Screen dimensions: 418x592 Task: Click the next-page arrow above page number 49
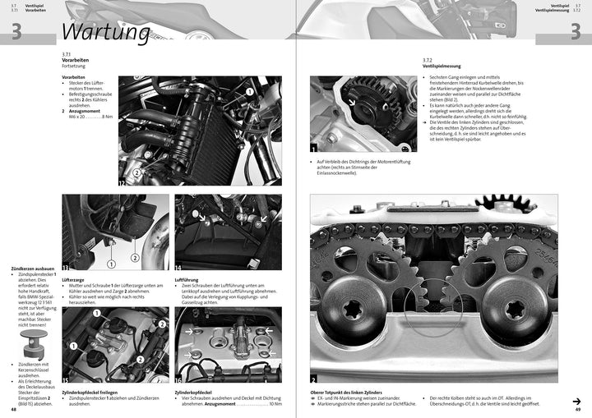pyautogui.click(x=577, y=401)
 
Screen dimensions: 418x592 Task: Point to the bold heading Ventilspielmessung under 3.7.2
pyautogui.click(x=442, y=66)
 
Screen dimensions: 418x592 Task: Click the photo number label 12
pyautogui.click(x=123, y=183)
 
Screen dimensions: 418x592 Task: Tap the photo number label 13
pyautogui.click(x=66, y=268)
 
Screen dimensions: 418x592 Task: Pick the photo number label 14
pyautogui.click(x=178, y=268)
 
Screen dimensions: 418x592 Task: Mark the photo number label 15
pyautogui.click(x=66, y=379)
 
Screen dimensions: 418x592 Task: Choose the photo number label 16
pyautogui.click(x=178, y=379)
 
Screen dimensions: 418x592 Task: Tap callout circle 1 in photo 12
pyautogui.click(x=249, y=93)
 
